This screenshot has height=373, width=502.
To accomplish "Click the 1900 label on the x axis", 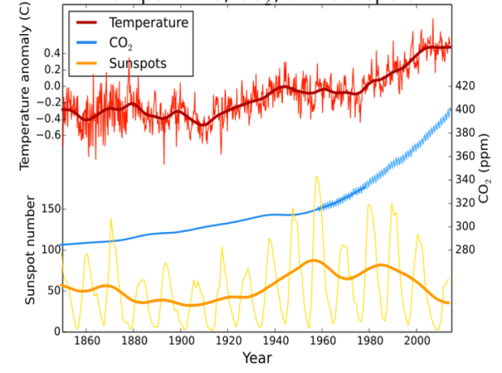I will point(181,341).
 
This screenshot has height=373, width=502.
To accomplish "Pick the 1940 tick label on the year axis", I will point(276,341).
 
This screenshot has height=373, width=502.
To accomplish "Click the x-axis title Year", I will point(256,358).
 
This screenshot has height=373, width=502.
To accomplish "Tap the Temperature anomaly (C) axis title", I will point(24,85).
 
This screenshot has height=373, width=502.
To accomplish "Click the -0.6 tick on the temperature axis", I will point(49,135).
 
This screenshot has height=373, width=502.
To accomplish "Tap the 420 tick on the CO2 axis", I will point(469,85).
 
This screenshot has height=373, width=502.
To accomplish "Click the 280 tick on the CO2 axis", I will point(469,250).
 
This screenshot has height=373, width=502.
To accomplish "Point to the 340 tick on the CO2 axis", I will point(469,179).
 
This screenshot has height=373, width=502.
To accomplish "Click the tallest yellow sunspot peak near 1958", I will point(317,177).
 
